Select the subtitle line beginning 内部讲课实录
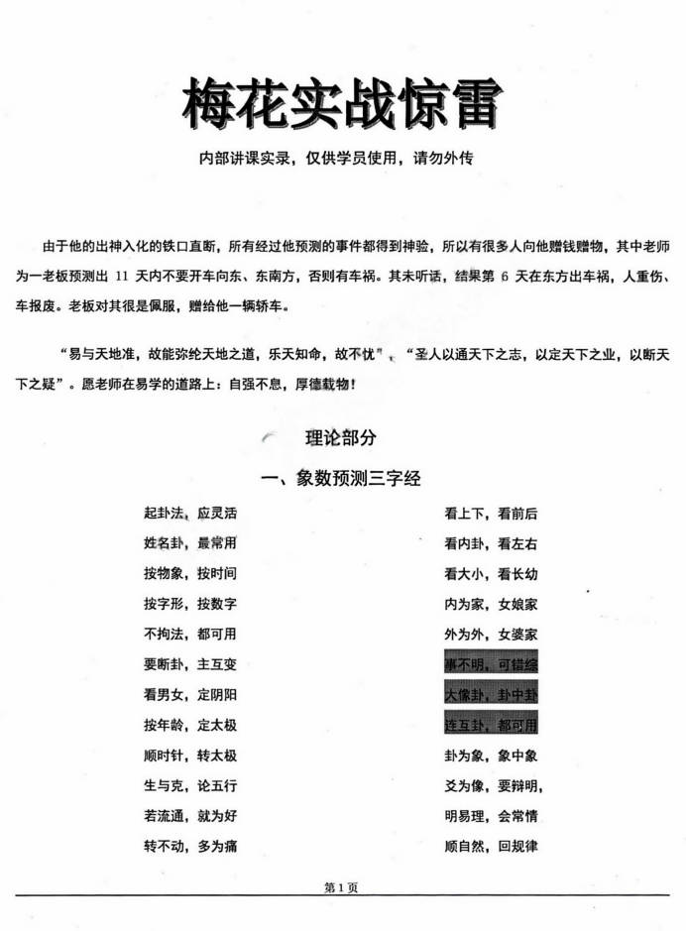pyautogui.click(x=341, y=160)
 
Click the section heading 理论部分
pyautogui.click(x=340, y=437)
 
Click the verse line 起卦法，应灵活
pyautogui.click(x=189, y=514)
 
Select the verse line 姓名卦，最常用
pyautogui.click(x=189, y=543)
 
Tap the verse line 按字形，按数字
pyautogui.click(x=189, y=604)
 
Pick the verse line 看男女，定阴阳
pyautogui.click(x=189, y=695)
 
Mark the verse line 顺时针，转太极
pyautogui.click(x=189, y=756)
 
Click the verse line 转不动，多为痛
pyautogui.click(x=189, y=847)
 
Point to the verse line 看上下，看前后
pyautogui.click(x=491, y=514)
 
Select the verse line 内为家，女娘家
pyautogui.click(x=491, y=604)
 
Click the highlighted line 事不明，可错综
pyautogui.click(x=491, y=664)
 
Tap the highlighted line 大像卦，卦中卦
pyautogui.click(x=491, y=695)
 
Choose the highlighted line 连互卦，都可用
pyautogui.click(x=491, y=725)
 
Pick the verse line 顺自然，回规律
pyautogui.click(x=491, y=847)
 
